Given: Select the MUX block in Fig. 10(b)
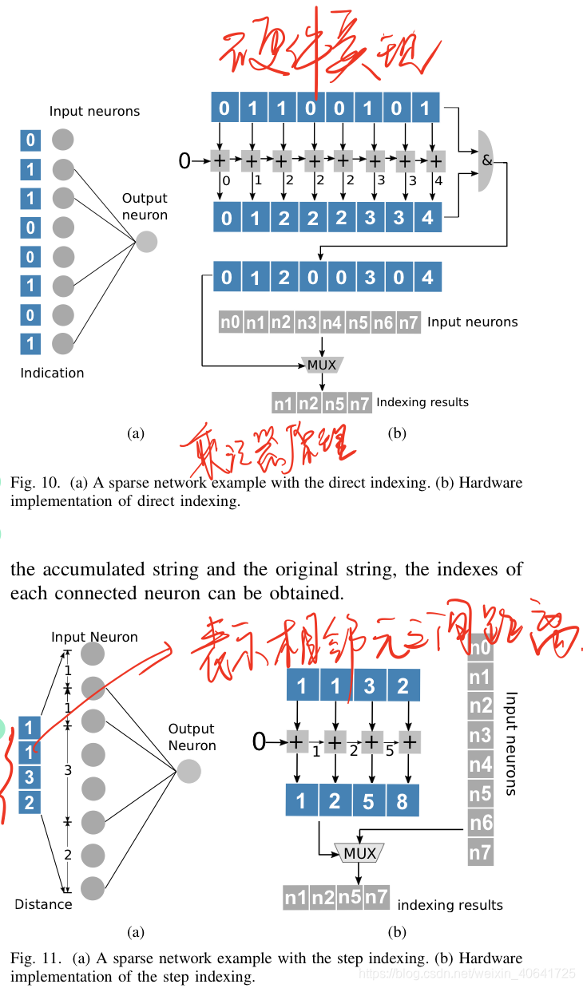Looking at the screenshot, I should pyautogui.click(x=321, y=365).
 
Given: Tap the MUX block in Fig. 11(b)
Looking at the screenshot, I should pyautogui.click(x=359, y=853).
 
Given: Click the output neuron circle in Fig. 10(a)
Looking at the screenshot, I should pyautogui.click(x=147, y=241).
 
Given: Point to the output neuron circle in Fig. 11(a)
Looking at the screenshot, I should pyautogui.click(x=189, y=771).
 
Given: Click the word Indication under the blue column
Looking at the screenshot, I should pyautogui.click(x=52, y=373).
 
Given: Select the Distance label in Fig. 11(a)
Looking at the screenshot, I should pyautogui.click(x=43, y=904).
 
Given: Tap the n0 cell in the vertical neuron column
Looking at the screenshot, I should pyautogui.click(x=479, y=648).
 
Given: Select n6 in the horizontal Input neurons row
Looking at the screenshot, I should pyautogui.click(x=384, y=322).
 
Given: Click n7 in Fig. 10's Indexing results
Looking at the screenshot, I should pyautogui.click(x=360, y=404).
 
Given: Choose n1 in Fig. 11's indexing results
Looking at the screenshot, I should pyautogui.click(x=295, y=898).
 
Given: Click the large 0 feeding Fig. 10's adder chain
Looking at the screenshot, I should pyautogui.click(x=184, y=161).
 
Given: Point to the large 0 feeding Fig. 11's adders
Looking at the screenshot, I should pyautogui.click(x=259, y=742).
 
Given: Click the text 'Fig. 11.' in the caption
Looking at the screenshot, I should pyautogui.click(x=33, y=958).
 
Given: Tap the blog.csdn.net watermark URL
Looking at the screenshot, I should pyautogui.click(x=466, y=974).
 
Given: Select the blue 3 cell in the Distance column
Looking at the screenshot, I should pyautogui.click(x=30, y=777).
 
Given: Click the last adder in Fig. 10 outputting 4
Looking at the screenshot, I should pyautogui.click(x=434, y=161).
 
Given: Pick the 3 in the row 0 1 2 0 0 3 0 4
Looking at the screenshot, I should pyautogui.click(x=370, y=278).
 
